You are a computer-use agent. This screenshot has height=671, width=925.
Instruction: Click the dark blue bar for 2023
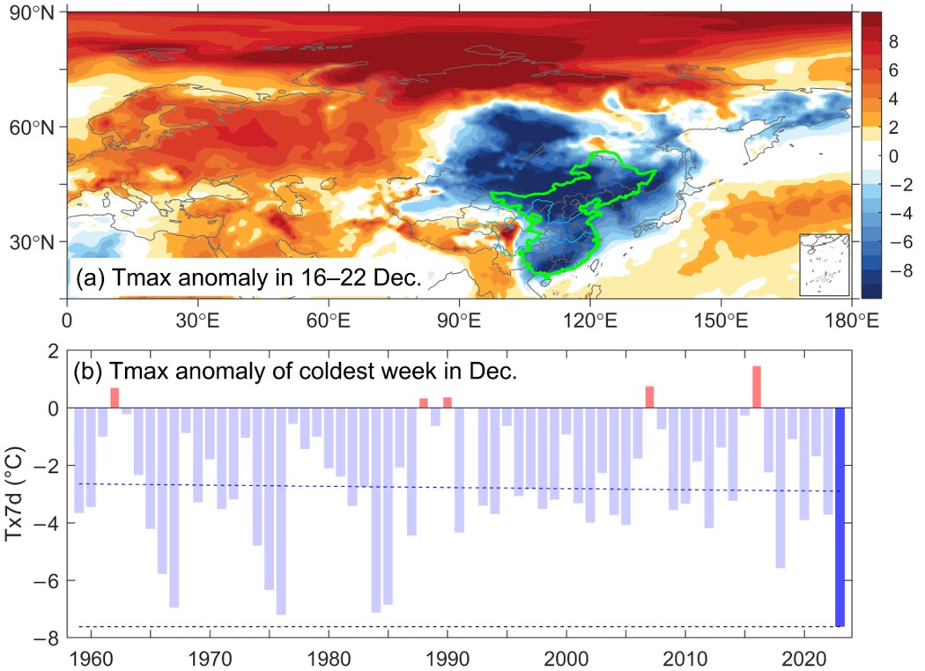coord(840,517)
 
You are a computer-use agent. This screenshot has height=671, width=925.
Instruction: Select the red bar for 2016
coord(757,387)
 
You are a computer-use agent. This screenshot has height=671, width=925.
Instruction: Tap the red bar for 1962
coord(115,398)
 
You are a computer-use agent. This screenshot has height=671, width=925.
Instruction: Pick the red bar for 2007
coord(649,397)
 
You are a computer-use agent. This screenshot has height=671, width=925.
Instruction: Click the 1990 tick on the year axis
coord(448,658)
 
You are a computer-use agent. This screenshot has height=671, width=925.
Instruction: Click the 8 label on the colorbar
coord(893,41)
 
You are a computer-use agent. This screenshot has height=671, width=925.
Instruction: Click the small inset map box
coord(824,264)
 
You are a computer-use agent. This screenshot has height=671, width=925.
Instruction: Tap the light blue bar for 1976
coord(281,511)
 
